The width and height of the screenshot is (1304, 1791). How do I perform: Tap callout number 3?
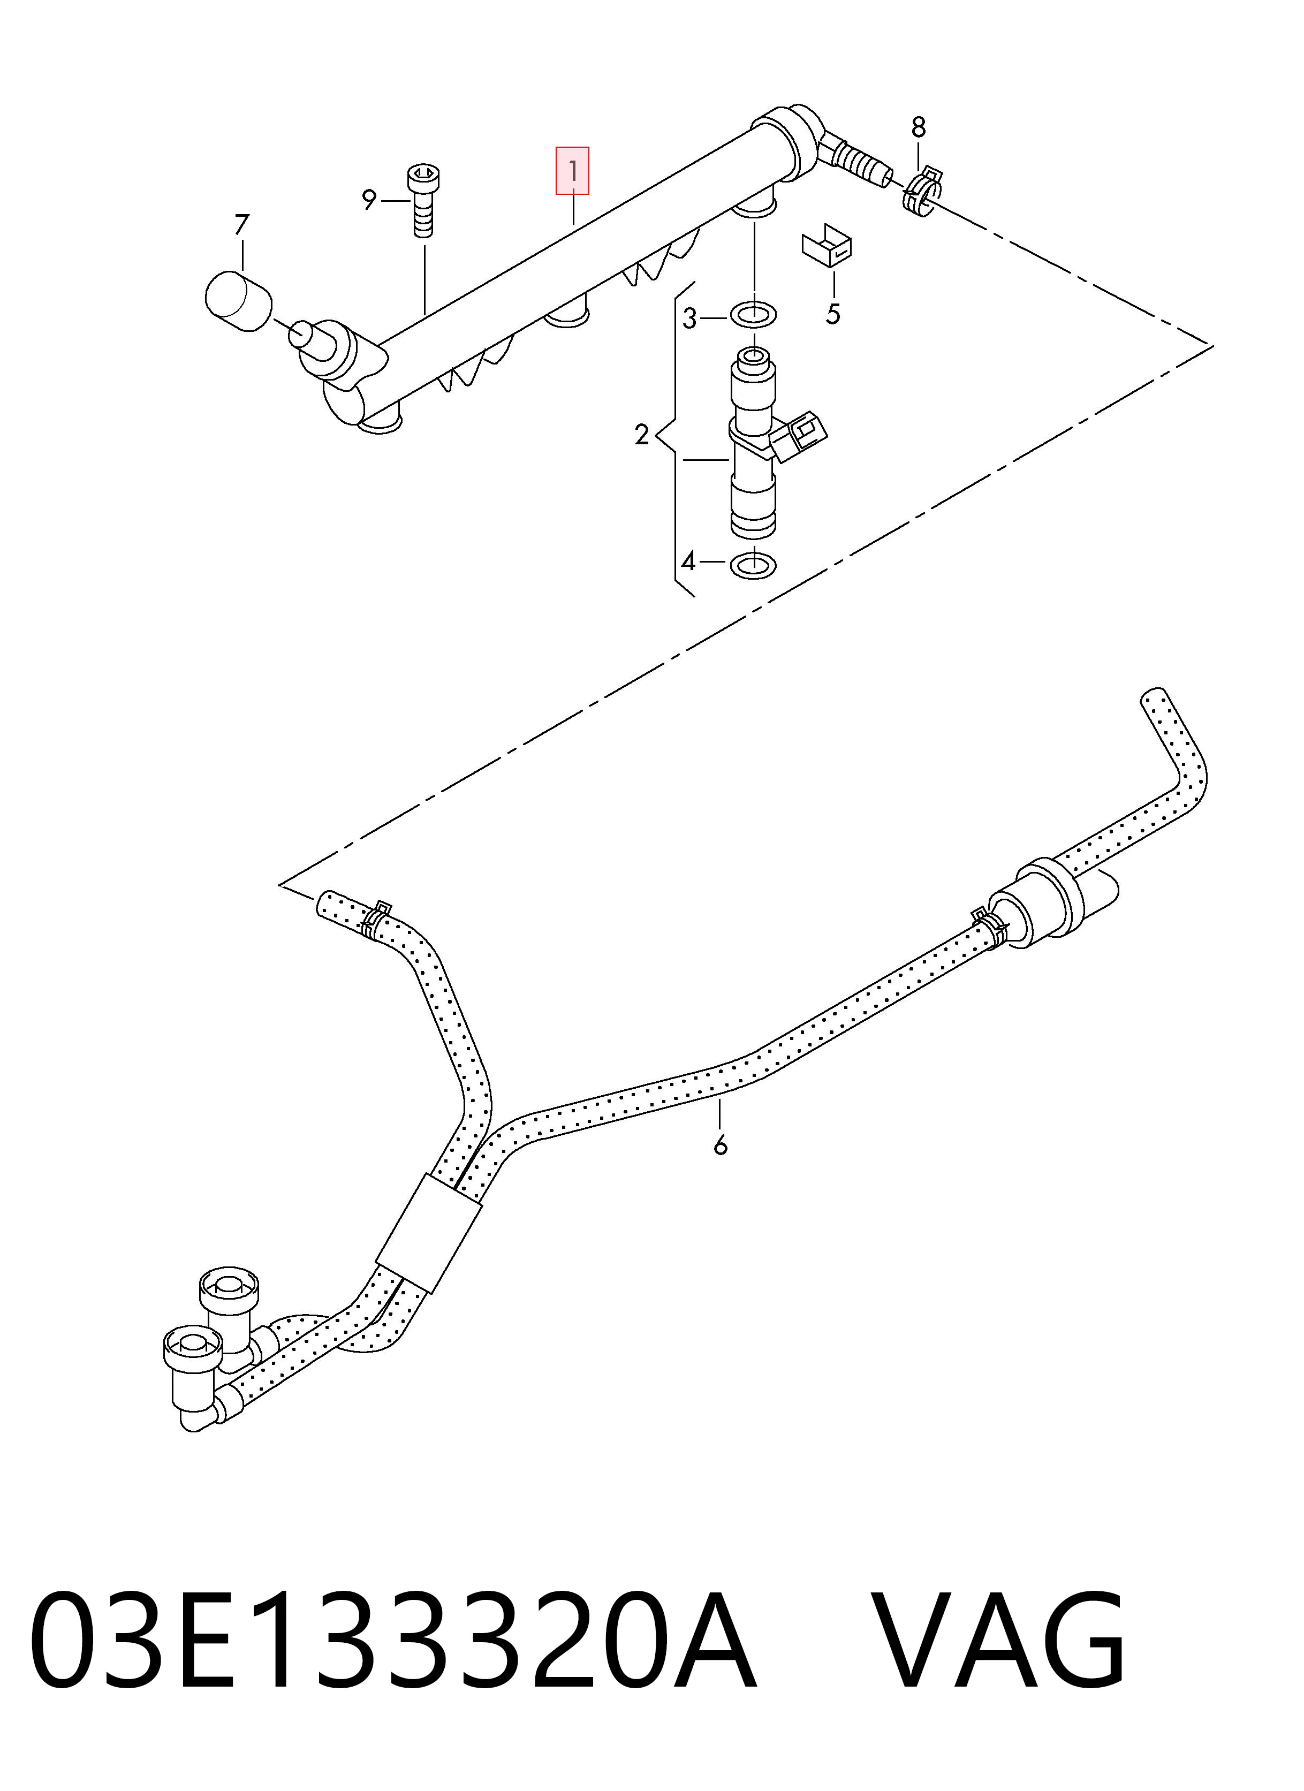tap(689, 319)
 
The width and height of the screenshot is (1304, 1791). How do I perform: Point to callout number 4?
tap(689, 561)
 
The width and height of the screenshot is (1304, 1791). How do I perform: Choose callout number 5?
tap(833, 314)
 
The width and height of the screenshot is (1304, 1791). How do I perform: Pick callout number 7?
tap(241, 225)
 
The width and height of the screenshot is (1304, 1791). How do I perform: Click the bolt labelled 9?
tap(424, 201)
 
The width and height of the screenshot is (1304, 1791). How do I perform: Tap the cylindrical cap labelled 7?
tap(238, 301)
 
